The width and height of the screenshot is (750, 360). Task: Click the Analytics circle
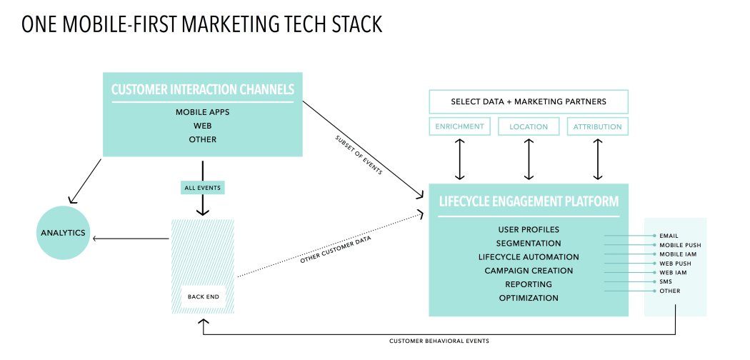62,233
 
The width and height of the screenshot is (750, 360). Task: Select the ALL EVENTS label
203,187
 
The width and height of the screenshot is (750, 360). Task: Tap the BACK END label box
204,296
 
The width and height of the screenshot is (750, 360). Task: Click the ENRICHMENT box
459,126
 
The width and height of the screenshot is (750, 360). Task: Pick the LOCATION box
529,126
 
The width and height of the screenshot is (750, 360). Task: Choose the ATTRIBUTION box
598,126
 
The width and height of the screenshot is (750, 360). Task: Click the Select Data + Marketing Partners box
529,101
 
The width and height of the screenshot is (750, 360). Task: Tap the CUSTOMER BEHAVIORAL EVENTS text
439,341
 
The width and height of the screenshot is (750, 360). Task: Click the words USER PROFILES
529,230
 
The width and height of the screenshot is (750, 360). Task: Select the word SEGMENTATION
529,244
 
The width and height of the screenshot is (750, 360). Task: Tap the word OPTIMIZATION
529,298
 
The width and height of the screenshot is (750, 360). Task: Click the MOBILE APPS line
203,112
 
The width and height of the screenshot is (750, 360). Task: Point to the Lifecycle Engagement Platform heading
529,201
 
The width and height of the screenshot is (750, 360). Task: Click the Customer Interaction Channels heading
203,90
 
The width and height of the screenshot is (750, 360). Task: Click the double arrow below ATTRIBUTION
598,159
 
